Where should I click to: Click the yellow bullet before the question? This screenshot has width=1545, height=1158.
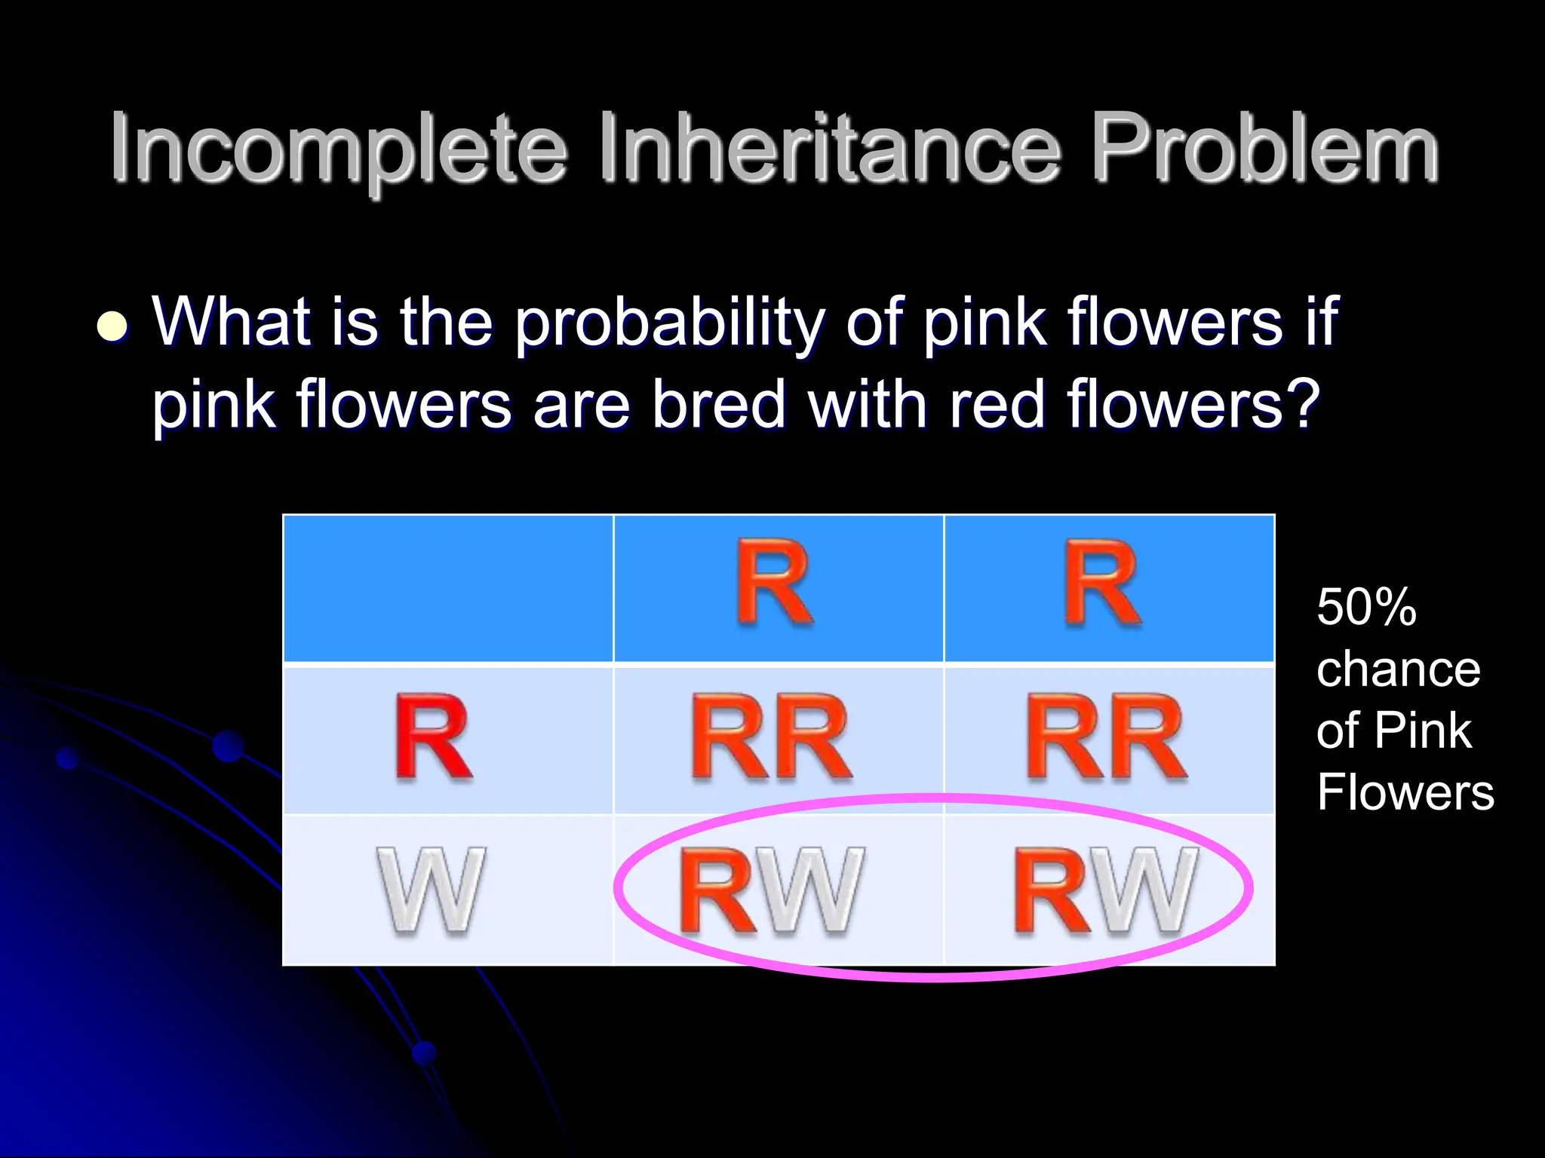tap(112, 326)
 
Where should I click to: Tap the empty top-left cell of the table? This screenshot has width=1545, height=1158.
tap(448, 588)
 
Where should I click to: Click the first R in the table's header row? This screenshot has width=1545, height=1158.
tap(774, 582)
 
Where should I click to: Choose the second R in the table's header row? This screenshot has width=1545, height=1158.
tap(1102, 582)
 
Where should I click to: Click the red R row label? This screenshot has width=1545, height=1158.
tap(433, 737)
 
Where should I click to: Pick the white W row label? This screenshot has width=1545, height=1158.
tap(431, 890)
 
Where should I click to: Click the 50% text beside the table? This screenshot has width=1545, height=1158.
tap(1366, 607)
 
